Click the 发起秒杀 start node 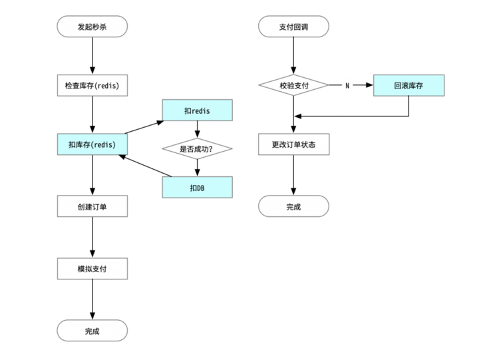[92, 27]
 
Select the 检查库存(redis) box [92, 85]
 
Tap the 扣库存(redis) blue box [92, 144]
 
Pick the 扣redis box [197, 110]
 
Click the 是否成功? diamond [197, 149]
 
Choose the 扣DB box [197, 187]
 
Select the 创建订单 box [92, 206]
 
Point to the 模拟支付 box [92, 269]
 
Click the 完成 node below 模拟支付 [92, 331]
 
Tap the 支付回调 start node [293, 27]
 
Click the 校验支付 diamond [293, 85]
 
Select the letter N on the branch [347, 85]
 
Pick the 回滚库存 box [408, 85]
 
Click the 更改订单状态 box [293, 144]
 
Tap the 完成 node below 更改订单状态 [293, 206]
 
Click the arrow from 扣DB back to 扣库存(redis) [145, 166]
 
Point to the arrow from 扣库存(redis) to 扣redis [144, 127]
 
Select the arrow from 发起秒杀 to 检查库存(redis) [92, 56]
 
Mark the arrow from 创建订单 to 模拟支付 [92, 237]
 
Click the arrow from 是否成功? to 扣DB [197, 168]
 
